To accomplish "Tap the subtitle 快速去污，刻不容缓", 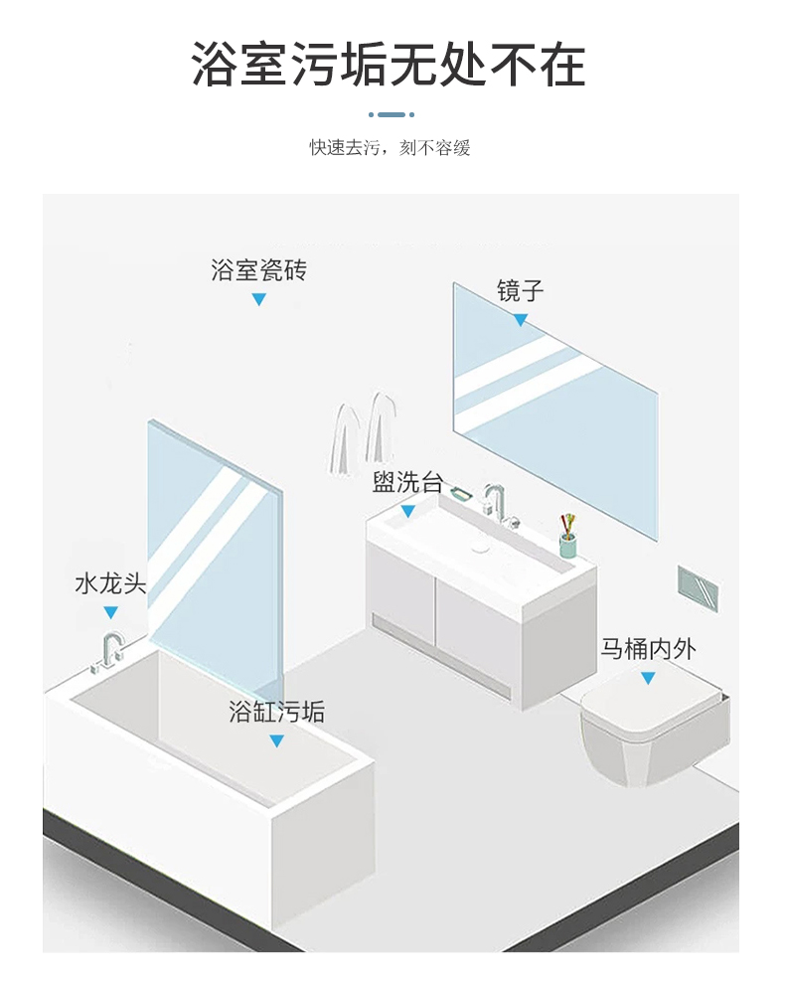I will coord(390,148).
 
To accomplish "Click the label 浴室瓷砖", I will coord(258,269).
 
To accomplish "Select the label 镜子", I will coord(521,291).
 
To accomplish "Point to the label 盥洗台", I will coord(407,484).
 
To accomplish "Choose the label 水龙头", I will coord(110,583).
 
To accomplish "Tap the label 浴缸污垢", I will coord(276,712).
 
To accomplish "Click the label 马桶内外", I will coord(648,650).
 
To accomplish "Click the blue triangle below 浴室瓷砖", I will coord(258,299).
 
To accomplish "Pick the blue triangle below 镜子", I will coord(521,319).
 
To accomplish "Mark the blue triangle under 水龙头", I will coord(110,612).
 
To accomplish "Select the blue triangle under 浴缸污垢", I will coord(276,740).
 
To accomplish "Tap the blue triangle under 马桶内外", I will coord(648,678).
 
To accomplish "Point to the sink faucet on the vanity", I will coord(495,500).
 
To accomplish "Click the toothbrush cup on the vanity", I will coord(567,541).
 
